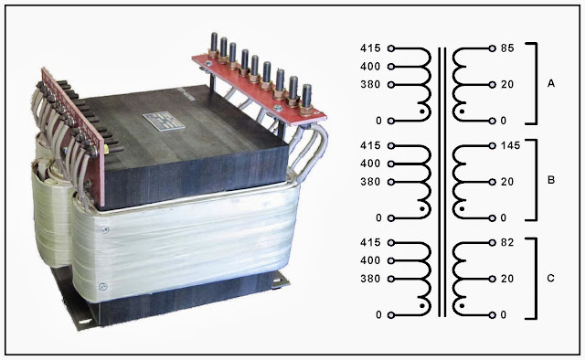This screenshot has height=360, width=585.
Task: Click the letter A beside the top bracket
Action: (551, 83)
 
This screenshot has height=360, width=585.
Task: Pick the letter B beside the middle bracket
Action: (551, 180)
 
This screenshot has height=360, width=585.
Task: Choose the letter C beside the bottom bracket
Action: (551, 278)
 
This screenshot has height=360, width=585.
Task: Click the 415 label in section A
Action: (371, 47)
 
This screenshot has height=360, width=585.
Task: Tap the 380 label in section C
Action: (371, 278)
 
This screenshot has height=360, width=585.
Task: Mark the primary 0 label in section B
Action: (378, 217)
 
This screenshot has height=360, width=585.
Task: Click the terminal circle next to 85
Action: (491, 47)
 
